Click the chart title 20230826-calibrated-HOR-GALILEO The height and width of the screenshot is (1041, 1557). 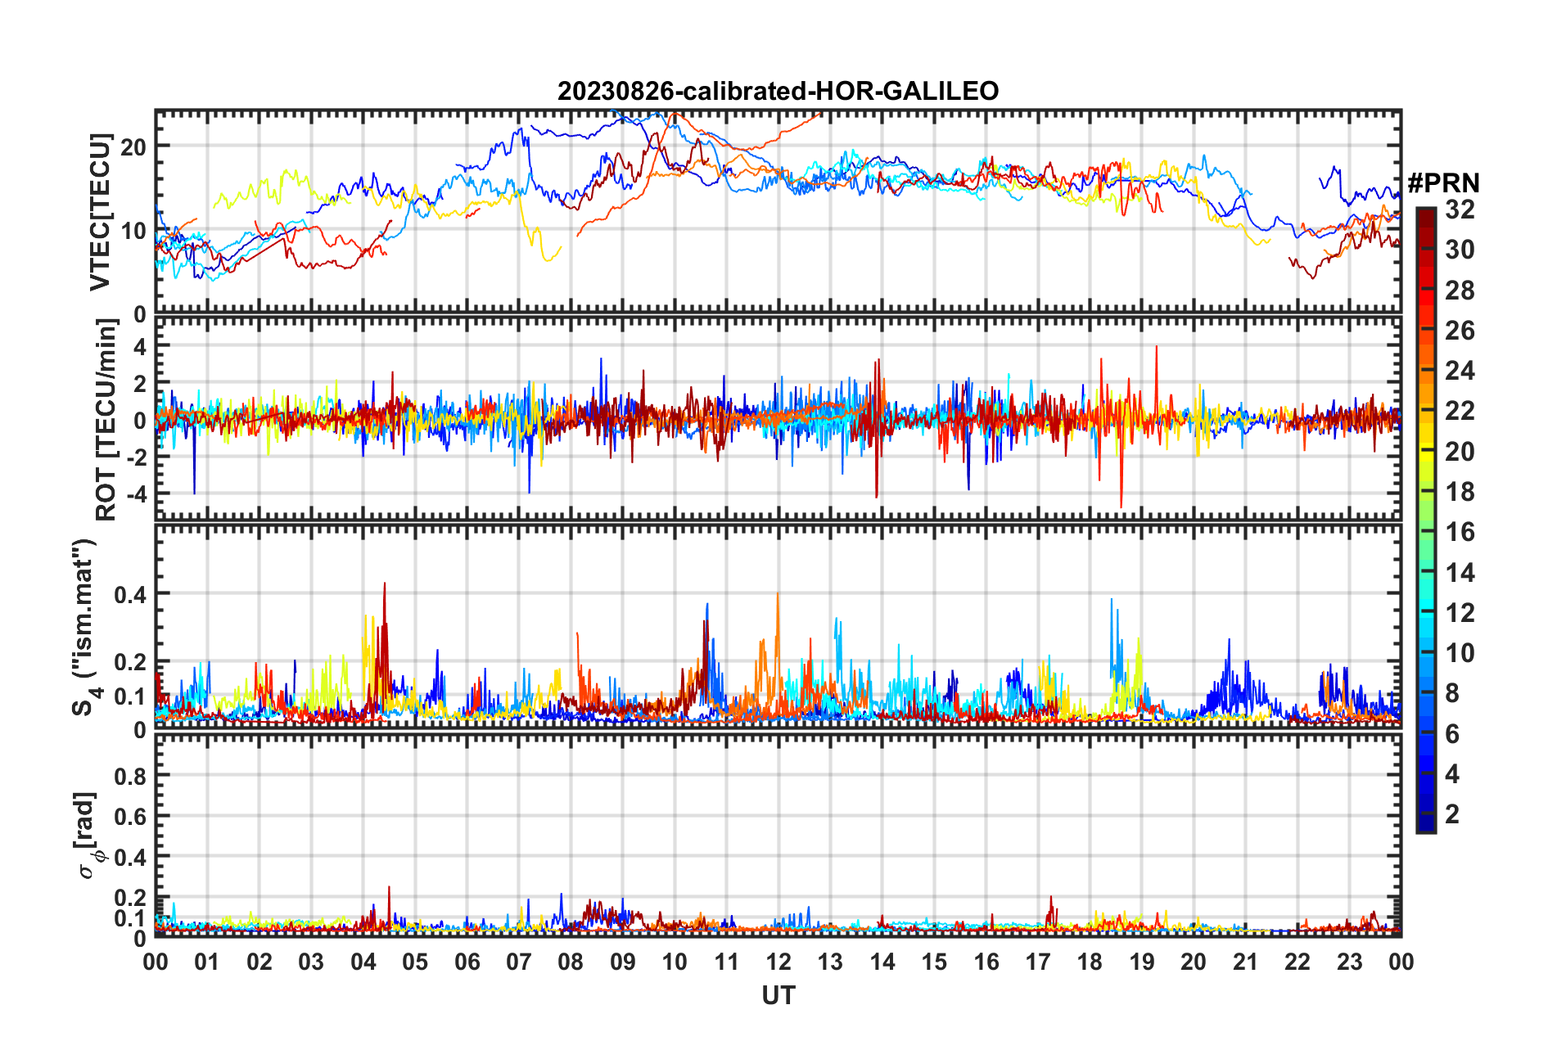click(778, 91)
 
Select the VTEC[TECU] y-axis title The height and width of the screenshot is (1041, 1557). click(100, 212)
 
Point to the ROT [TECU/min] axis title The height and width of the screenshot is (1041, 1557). click(106, 420)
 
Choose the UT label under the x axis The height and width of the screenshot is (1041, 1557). click(778, 995)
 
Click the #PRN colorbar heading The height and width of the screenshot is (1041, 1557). click(1443, 183)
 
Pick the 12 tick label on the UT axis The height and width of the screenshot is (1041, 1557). click(778, 962)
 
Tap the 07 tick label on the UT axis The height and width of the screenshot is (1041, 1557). click(518, 962)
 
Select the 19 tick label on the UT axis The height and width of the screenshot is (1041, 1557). click(1141, 962)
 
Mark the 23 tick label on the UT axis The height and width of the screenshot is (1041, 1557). click(1349, 962)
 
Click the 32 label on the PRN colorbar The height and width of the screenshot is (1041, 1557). click(1459, 210)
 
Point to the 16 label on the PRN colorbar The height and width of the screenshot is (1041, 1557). click(1459, 532)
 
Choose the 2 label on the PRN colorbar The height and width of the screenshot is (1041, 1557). click(1452, 814)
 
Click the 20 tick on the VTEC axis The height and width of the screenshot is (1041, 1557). click(134, 147)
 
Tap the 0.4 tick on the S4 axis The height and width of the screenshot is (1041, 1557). click(130, 594)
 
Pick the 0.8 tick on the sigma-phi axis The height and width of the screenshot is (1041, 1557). click(130, 776)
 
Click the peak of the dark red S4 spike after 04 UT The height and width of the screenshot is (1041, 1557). click(384, 584)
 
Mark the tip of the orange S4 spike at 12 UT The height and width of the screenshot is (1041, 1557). click(777, 593)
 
